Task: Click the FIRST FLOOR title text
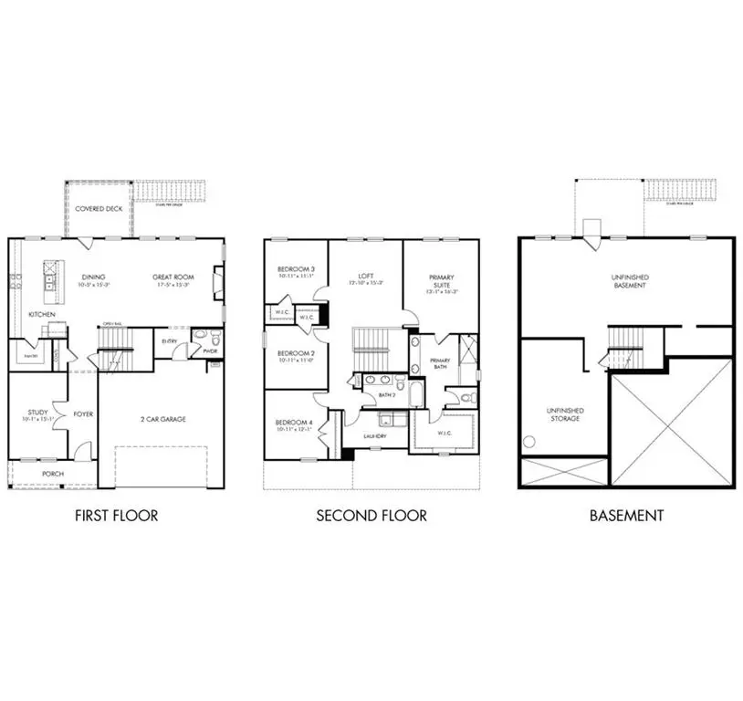pyautogui.click(x=116, y=516)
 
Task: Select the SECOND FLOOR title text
pyautogui.click(x=371, y=516)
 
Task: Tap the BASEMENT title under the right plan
pyautogui.click(x=626, y=516)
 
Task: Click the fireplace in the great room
pyautogui.click(x=217, y=283)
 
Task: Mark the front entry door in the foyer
pyautogui.click(x=83, y=449)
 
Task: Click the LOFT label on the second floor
pyautogui.click(x=365, y=277)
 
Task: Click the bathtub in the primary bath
pyautogui.click(x=415, y=355)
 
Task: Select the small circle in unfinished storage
pyautogui.click(x=527, y=442)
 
